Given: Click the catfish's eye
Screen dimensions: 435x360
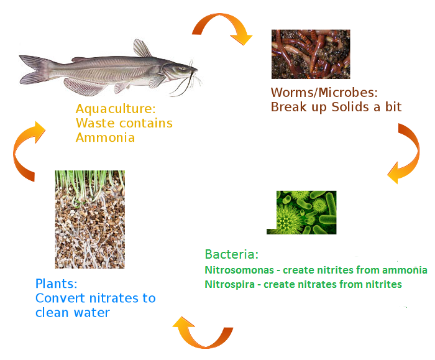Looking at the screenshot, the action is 182,68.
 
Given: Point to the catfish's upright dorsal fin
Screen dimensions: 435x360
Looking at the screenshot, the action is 142,48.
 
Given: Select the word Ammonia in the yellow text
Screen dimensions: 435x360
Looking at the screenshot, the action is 105,137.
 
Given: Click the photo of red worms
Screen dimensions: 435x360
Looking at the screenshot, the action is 311,54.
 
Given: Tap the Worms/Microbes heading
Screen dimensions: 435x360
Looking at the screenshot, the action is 324,93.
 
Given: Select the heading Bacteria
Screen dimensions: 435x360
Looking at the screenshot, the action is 232,254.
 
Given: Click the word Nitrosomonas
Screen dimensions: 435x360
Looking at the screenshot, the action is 239,270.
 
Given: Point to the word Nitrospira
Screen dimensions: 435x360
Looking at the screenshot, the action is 230,284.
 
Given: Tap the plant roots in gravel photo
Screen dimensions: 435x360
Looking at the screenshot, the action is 90,219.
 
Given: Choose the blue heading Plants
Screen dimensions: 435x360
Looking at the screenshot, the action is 57,284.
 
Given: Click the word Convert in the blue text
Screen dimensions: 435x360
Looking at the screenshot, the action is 60,298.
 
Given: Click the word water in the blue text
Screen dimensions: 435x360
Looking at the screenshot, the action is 92,313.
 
